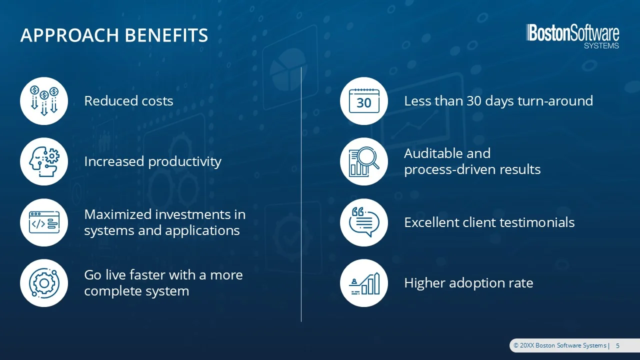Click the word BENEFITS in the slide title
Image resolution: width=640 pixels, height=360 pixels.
pos(166,35)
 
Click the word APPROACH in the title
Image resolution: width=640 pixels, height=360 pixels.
pos(69,35)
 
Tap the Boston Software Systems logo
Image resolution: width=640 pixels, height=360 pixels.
pos(572,36)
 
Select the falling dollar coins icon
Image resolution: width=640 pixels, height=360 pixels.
pos(44,101)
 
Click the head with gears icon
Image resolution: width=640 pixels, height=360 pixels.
pos(44,161)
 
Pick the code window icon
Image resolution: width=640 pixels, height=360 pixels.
pos(44,222)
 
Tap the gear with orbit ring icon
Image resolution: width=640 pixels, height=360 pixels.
pos(44,283)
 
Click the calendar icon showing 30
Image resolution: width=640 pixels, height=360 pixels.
pos(364,101)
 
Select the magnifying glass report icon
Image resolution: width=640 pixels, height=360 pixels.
pos(364,161)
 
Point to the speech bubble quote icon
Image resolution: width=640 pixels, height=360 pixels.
pos(364,222)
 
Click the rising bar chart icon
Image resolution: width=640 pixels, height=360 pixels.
pos(364,283)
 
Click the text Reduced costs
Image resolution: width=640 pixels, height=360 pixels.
pos(128,101)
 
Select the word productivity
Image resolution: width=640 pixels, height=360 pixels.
pos(185,162)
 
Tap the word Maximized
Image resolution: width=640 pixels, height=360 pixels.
pos(118,214)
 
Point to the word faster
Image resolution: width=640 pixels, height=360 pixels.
pos(147,275)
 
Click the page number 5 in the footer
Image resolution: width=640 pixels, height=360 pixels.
pos(617,345)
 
